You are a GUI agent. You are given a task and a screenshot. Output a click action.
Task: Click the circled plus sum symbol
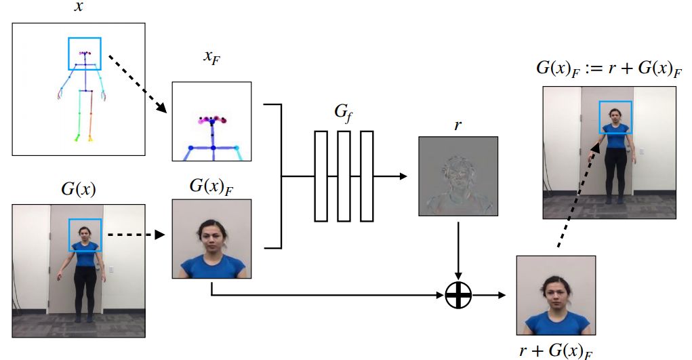[458, 296]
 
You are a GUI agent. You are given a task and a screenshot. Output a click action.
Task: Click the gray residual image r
[458, 176]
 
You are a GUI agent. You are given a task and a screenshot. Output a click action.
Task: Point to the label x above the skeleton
[79, 9]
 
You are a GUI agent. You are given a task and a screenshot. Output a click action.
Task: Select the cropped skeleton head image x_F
[211, 121]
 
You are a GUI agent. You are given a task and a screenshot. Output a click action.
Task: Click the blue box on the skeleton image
[85, 54]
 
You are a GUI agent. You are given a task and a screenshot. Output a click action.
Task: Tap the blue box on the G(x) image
[85, 235]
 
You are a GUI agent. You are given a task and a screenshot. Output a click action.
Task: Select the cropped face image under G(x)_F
[211, 239]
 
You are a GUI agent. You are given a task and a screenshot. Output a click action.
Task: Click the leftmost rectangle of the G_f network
[321, 176]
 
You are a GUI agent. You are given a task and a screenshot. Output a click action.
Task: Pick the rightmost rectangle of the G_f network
[367, 176]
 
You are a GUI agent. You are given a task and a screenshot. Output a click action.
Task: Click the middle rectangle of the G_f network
[344, 176]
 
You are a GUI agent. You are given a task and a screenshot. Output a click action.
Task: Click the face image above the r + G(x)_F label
[556, 295]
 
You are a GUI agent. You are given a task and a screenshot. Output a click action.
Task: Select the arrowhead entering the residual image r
[404, 176]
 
